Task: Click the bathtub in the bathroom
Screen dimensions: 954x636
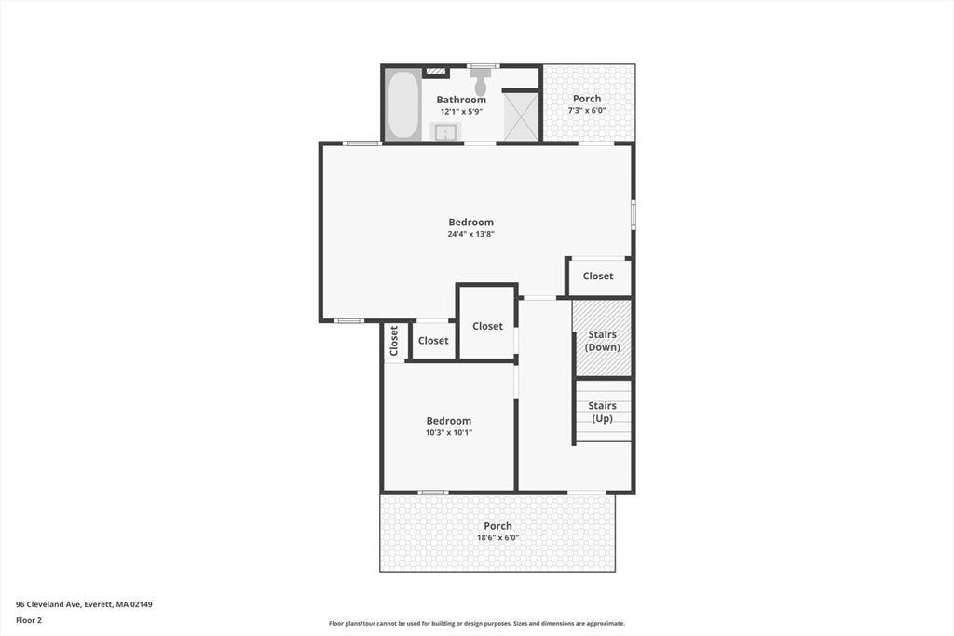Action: click(402, 104)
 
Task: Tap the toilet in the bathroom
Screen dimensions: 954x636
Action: click(482, 81)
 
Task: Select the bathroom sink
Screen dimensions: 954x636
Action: click(445, 131)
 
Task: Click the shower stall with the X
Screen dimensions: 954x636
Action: click(522, 116)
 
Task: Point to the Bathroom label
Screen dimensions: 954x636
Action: click(461, 100)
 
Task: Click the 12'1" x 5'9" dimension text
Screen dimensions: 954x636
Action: click(461, 111)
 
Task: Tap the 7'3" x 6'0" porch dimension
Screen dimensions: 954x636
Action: click(587, 110)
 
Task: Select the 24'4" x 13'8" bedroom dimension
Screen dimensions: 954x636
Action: click(470, 234)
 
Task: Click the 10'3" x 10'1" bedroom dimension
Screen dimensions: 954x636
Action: click(449, 432)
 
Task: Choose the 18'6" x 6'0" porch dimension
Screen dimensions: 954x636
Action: click(497, 537)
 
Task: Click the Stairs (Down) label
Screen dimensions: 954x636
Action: click(603, 341)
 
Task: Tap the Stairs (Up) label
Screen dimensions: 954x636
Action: click(603, 412)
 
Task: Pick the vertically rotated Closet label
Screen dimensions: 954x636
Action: click(394, 341)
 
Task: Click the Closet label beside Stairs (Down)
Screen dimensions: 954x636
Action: click(598, 276)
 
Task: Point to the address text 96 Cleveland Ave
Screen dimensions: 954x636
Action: click(48, 604)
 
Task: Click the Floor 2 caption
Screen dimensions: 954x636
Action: click(29, 620)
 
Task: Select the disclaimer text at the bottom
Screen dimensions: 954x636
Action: click(476, 623)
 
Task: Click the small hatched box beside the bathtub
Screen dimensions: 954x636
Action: click(436, 71)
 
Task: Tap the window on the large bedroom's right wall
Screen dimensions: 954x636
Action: click(634, 214)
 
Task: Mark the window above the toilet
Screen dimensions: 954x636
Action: click(484, 66)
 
